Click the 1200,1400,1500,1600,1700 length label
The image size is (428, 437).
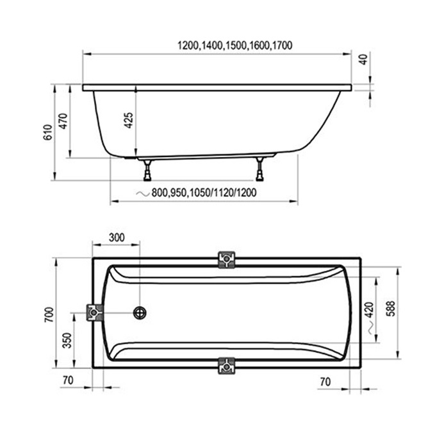pos(235,46)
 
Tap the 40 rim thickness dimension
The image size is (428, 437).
pos(363,60)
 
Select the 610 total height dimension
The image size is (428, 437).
pos(48,132)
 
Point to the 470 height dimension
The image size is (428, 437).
pos(63,121)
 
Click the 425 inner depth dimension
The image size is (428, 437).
pos(128,121)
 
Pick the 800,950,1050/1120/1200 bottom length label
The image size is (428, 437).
pos(204,193)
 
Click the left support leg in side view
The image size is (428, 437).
pos(147,170)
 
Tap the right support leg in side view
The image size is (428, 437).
pos(259,169)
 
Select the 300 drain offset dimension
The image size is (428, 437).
pos(117,237)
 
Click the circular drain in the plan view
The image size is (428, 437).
pos(140,313)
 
